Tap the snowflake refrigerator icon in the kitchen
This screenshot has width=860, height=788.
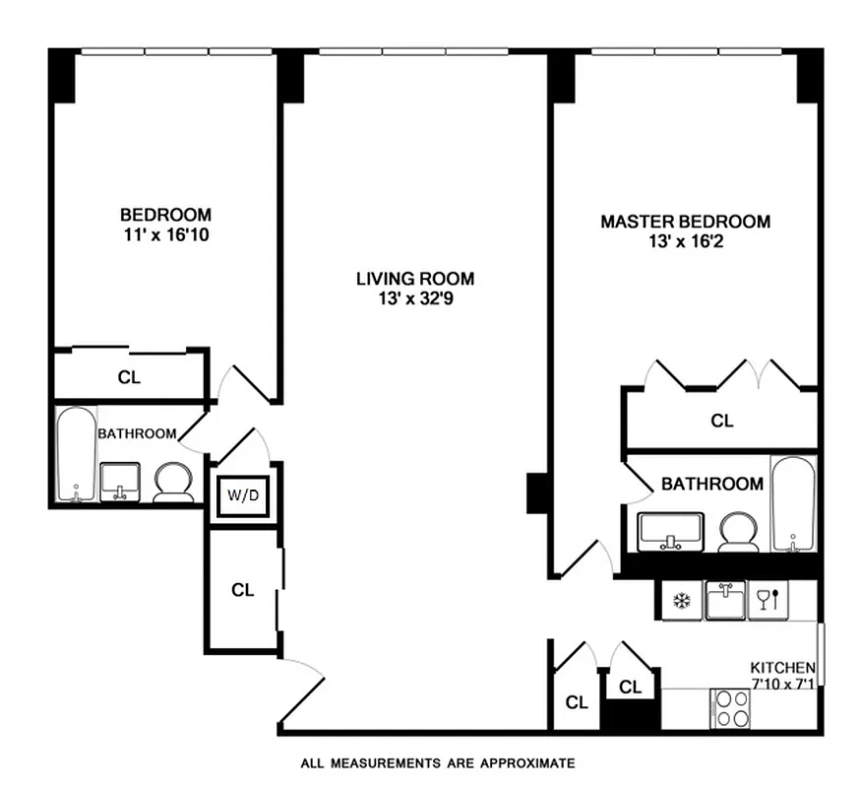click(x=679, y=600)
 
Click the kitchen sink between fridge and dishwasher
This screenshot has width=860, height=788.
click(x=725, y=600)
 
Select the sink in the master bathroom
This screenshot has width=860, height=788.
click(x=670, y=532)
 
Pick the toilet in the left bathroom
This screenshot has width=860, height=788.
click(x=173, y=483)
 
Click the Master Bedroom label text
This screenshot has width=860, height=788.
click(x=685, y=222)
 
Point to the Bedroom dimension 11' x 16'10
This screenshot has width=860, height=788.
click(x=165, y=234)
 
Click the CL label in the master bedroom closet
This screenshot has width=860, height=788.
click(x=722, y=421)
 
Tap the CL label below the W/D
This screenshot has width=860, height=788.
click(x=242, y=590)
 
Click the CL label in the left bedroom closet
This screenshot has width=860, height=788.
click(x=129, y=376)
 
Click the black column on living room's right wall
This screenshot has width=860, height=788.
click(x=538, y=492)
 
